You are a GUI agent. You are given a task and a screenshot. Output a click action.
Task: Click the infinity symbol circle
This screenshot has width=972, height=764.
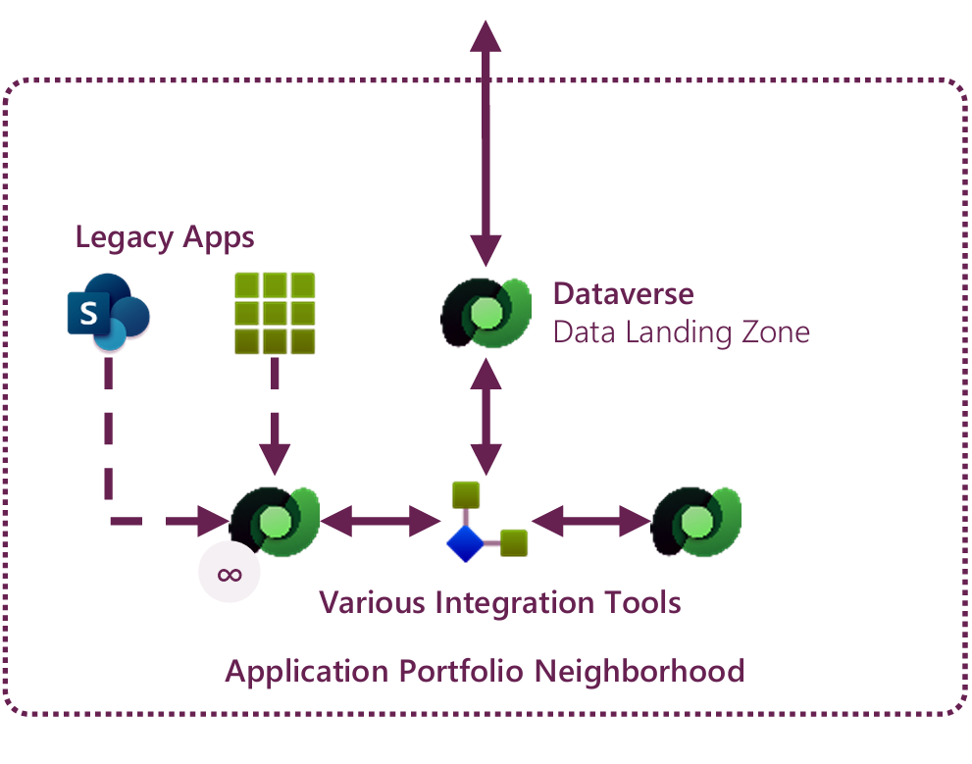(x=230, y=573)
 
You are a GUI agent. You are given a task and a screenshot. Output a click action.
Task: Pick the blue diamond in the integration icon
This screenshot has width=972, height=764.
(x=464, y=542)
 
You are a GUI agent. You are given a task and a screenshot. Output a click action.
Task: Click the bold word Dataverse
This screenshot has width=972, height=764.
(x=623, y=293)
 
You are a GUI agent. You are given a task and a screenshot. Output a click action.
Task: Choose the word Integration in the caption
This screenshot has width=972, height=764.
(x=522, y=601)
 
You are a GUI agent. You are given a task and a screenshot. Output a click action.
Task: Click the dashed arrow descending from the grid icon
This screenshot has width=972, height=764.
(x=275, y=412)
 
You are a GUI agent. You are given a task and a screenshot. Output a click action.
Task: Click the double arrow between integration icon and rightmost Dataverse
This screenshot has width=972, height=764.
(x=590, y=521)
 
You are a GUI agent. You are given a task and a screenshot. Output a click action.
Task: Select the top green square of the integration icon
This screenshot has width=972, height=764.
(x=464, y=494)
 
